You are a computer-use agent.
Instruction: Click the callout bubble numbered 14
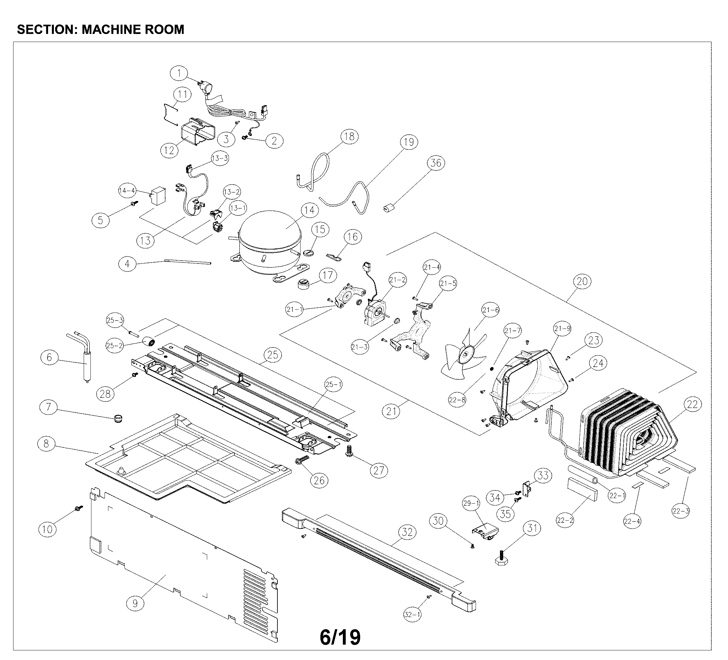click(x=309, y=210)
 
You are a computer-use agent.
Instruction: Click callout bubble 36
click(x=436, y=163)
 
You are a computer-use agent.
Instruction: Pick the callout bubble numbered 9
click(x=135, y=603)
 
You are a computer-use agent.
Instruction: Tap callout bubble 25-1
click(x=333, y=385)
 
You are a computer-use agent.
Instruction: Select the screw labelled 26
click(x=302, y=461)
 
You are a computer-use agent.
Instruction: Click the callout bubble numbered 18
click(x=349, y=137)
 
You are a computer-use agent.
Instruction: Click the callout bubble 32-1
click(x=412, y=614)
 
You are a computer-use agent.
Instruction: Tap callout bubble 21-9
click(x=562, y=328)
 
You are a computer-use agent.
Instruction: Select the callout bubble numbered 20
click(x=582, y=281)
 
